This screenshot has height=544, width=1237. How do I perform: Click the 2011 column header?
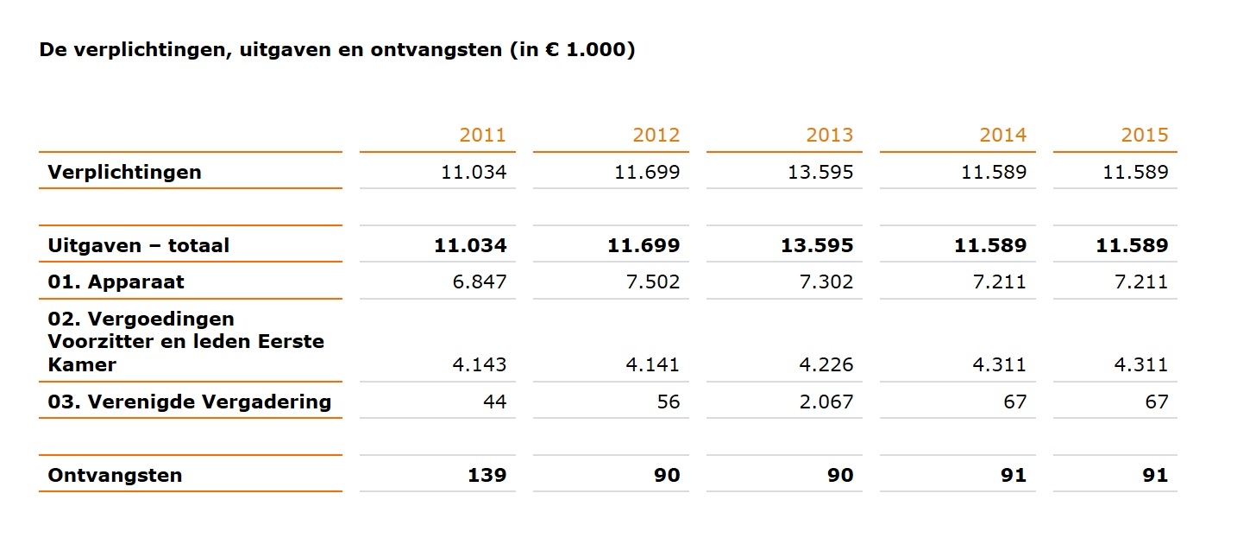click(x=482, y=135)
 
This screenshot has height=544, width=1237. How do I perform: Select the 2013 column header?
click(x=829, y=135)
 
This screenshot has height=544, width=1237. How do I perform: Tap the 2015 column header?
click(x=1144, y=135)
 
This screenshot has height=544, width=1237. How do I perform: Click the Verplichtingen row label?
click(x=124, y=172)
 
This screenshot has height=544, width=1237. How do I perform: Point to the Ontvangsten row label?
click(x=115, y=475)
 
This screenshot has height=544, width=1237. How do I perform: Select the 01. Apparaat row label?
click(x=116, y=281)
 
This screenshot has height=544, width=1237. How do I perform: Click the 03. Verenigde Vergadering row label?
click(x=190, y=402)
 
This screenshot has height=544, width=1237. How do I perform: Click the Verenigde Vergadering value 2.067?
click(x=826, y=402)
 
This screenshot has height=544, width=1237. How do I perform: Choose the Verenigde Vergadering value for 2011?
click(x=494, y=402)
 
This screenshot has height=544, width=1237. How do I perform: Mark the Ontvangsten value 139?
click(x=488, y=475)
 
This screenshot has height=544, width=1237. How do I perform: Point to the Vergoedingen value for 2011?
click(x=479, y=364)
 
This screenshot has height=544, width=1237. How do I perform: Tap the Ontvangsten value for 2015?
click(x=1155, y=475)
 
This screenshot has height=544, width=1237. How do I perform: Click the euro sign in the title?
click(x=554, y=50)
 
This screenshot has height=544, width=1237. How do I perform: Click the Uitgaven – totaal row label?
click(x=139, y=245)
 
